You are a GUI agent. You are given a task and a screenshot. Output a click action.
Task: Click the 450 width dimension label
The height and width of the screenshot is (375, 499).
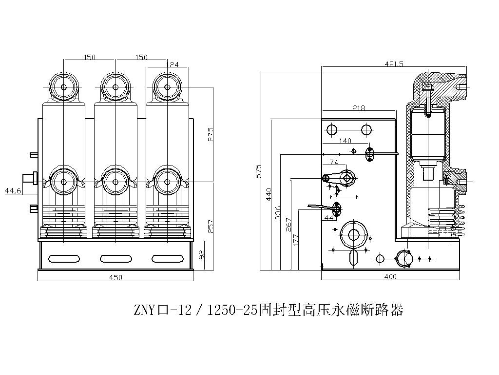115,277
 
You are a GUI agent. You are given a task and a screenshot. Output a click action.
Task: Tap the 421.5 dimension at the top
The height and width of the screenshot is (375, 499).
394,64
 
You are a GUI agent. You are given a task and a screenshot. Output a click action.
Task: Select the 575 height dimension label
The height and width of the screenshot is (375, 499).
259,170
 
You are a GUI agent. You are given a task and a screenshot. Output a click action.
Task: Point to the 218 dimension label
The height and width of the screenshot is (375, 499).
358,108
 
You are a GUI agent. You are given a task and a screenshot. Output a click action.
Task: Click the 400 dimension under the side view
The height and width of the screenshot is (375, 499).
390,277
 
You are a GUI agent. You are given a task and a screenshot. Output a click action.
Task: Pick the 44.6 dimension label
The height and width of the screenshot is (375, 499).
13,190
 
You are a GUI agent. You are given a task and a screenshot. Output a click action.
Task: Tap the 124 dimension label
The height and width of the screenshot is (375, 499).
173,64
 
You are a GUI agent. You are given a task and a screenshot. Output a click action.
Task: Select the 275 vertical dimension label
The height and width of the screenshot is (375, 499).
211,134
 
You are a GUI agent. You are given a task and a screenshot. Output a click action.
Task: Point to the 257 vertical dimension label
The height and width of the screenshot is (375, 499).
211,226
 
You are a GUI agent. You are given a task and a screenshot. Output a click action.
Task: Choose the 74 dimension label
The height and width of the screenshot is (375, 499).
334,162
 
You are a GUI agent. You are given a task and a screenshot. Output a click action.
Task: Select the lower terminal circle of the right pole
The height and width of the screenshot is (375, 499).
167,182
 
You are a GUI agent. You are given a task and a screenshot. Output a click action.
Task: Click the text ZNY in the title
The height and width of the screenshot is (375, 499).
144,311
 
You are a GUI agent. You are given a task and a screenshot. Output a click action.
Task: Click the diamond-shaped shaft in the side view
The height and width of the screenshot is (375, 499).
347,178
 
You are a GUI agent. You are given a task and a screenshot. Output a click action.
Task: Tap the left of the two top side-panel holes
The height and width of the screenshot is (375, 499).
331,129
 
